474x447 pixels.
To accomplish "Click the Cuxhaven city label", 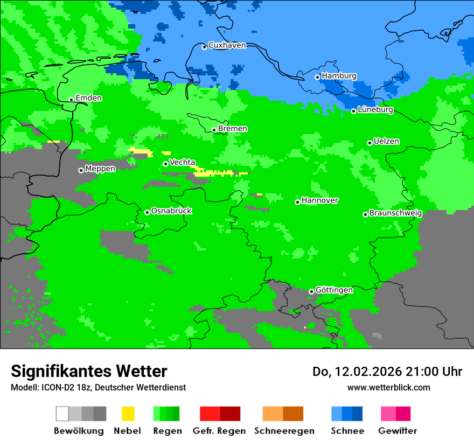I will point(227,45).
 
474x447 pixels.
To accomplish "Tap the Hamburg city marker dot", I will point(317,77).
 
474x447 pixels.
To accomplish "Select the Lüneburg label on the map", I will point(375,110).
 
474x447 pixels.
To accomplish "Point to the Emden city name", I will point(88,98).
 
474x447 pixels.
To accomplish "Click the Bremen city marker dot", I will point(214,130).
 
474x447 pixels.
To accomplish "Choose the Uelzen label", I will point(386,142).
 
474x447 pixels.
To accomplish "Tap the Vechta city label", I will point(182,162).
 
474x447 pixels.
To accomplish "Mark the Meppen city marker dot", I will point(81,170).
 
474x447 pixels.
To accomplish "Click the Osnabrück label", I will point(171,211).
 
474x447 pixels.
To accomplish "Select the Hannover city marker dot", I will point(297,202).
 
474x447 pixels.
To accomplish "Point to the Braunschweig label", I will point(395,213).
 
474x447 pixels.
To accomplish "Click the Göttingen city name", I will point(334,290).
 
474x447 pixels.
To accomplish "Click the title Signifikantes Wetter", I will point(89,371).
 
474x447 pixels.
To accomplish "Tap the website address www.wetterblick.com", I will point(388,387).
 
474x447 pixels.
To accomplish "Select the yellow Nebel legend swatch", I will point(128,414).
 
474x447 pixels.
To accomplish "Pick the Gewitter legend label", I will point(397,431).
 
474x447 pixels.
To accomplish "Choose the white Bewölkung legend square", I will point(62,414).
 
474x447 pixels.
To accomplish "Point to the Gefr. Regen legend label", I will point(219,431).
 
